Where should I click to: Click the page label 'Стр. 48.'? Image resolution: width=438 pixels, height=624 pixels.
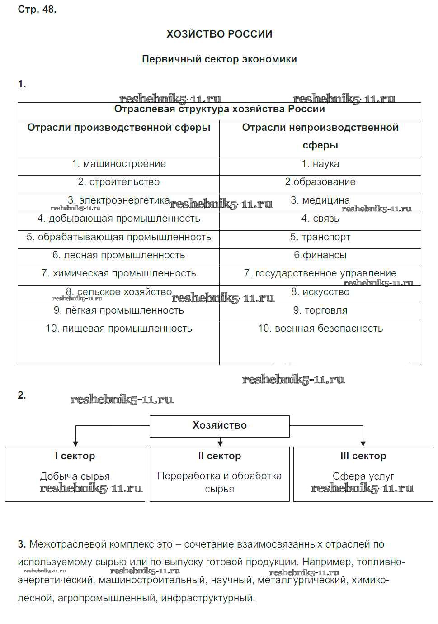pos(37,10)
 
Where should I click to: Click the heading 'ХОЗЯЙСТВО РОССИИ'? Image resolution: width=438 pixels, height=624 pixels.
pos(219,34)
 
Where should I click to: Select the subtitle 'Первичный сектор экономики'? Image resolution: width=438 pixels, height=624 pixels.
pos(219,59)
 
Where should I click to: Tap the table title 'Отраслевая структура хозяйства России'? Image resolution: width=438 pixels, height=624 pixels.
pos(219,109)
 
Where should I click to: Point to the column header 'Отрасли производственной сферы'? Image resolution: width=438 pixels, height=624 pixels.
pos(118,128)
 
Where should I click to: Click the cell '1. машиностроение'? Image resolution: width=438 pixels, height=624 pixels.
pos(119,164)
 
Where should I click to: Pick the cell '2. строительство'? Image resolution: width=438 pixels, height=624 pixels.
pos(119,182)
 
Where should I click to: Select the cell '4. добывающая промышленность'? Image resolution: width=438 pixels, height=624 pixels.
pos(118,219)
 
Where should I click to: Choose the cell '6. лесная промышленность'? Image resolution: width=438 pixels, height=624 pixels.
pos(119,255)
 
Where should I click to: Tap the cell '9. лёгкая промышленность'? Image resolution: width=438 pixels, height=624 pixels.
pos(119,310)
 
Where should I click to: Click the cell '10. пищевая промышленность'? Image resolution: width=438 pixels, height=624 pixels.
pos(119,329)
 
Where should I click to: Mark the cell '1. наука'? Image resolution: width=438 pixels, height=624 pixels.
pos(320,164)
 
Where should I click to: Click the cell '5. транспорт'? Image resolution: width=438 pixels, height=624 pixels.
pos(320,237)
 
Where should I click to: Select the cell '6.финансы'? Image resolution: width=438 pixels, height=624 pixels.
pos(320,255)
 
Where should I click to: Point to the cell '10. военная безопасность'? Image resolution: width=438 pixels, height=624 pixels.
pos(320,329)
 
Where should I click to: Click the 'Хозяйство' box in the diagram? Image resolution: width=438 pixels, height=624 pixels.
pos(220,425)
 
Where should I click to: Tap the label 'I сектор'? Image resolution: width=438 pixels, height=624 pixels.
pos(75,456)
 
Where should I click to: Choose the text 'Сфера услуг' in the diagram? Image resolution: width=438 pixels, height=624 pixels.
pos(363,476)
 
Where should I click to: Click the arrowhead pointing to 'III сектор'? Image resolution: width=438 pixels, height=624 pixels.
pos(363,443)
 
